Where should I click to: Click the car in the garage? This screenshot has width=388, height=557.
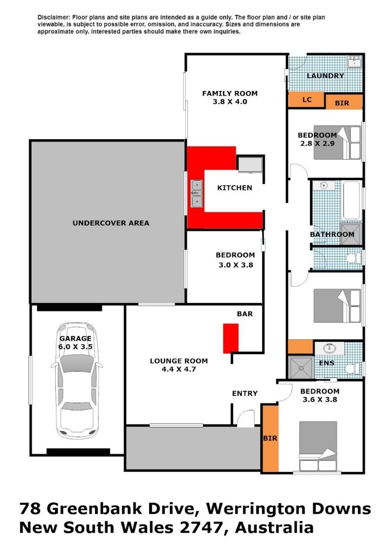click(77, 381)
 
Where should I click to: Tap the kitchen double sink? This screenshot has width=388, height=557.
click(196, 194)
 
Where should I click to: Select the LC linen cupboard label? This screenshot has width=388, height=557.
click(307, 100)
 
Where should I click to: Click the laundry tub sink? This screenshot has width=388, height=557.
click(355, 61)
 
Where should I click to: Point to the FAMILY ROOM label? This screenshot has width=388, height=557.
click(230, 93)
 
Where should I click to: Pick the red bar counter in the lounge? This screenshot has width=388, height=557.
click(230, 338)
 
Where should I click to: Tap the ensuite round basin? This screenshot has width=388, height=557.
click(330, 348)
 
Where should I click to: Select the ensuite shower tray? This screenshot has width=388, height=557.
click(301, 368)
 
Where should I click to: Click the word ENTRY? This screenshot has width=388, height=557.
click(245, 394)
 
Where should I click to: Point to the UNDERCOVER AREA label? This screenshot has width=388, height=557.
click(111, 223)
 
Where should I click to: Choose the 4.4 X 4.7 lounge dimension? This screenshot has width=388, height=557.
click(179, 369)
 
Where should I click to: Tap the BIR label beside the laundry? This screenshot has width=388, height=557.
click(342, 103)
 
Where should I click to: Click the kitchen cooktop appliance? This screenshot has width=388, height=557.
click(250, 164)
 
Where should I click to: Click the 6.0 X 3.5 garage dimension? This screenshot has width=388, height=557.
click(76, 346)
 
